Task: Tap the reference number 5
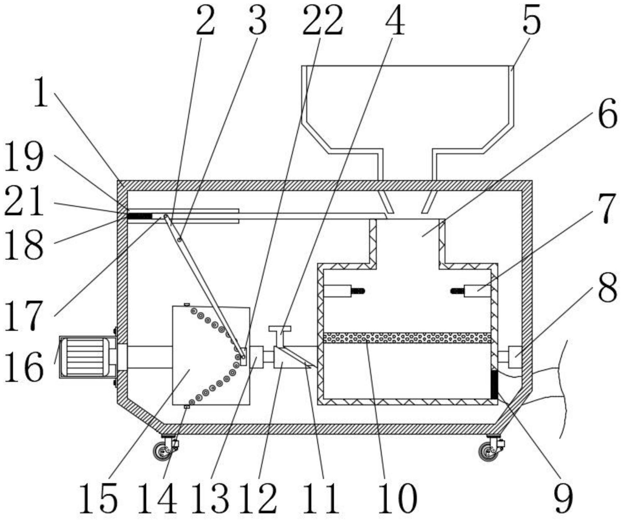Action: point(532,20)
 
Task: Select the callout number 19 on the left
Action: point(24,157)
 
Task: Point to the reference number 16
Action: point(24,367)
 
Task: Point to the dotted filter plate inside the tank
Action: point(407,338)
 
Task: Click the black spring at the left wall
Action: point(139,216)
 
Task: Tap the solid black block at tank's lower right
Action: point(494,385)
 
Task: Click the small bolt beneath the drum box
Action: point(187,407)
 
